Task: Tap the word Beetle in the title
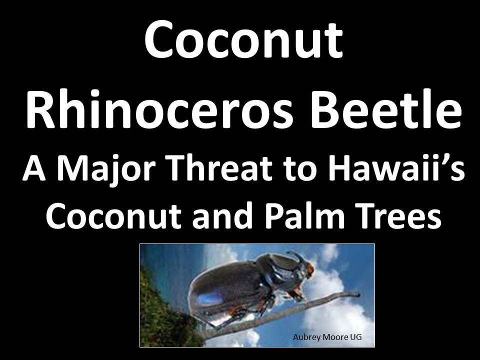point(386,109)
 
